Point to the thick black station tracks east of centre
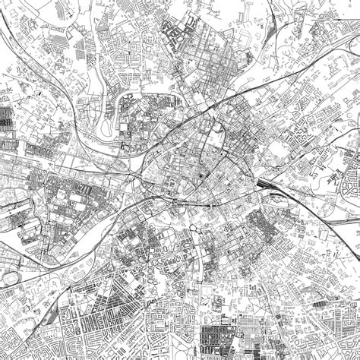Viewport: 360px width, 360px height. click(264, 185)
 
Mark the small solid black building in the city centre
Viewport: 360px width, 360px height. click(201, 175)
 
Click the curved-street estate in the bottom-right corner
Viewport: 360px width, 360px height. click(334, 334)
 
